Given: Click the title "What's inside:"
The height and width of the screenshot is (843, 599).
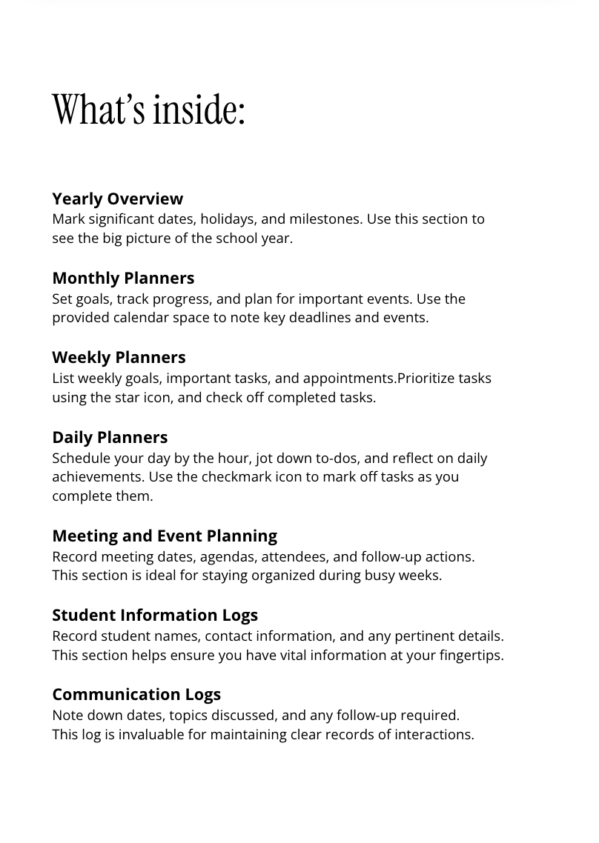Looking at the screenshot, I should tap(148, 110).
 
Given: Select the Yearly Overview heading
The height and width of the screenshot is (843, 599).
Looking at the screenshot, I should tap(117, 199).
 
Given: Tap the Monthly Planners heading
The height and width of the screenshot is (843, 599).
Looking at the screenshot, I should tap(123, 278).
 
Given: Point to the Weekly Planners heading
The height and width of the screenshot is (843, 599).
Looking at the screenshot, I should tap(119, 357).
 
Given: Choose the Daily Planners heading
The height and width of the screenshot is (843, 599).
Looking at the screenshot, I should tap(110, 437).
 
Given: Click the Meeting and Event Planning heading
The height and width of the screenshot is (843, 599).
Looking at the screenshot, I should tap(165, 536).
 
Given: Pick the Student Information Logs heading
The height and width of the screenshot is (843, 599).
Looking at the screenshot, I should tap(155, 615).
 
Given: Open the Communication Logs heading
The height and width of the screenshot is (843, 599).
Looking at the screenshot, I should tap(136, 694).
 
